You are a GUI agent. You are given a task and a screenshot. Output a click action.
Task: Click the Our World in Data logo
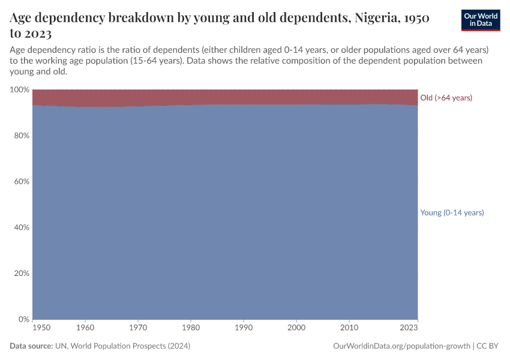pyautogui.click(x=480, y=20)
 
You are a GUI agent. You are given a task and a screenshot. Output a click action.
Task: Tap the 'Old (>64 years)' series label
pyautogui.click(x=446, y=98)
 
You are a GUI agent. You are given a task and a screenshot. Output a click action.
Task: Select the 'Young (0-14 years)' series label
pyautogui.click(x=452, y=212)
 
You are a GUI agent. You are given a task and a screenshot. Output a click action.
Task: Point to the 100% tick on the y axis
pyautogui.click(x=19, y=89)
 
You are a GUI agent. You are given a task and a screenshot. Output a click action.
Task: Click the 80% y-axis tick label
pyautogui.click(x=21, y=136)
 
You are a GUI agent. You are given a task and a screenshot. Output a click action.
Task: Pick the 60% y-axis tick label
pyautogui.click(x=21, y=181)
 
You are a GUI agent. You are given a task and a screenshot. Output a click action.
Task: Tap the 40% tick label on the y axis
pyautogui.click(x=21, y=227)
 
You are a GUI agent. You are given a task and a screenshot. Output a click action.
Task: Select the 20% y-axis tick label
pyautogui.click(x=21, y=273)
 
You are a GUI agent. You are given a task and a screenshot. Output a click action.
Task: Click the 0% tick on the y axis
pyautogui.click(x=23, y=319)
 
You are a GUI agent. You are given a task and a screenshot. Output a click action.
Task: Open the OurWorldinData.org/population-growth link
pyautogui.click(x=400, y=346)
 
